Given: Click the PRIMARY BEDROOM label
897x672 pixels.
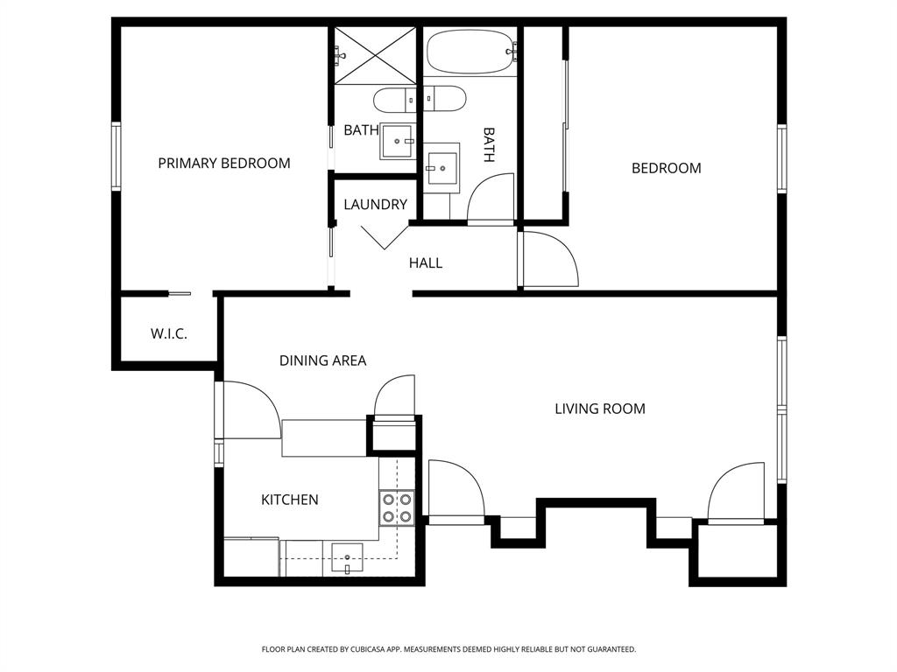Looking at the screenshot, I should tap(223, 163).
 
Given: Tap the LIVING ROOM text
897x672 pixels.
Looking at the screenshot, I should tap(600, 409).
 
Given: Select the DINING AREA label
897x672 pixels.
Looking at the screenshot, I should tap(322, 360).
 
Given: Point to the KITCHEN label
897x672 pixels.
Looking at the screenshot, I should tap(289, 500).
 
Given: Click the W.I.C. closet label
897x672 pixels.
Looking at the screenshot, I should tap(168, 334).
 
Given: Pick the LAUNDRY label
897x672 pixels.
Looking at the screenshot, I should tap(375, 205).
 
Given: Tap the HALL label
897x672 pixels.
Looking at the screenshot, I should tap(426, 262).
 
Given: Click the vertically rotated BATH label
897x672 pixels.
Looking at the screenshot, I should tap(489, 145).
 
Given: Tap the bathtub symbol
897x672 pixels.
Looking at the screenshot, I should tap(470, 52).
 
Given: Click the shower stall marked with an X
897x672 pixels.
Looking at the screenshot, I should tap(375, 55).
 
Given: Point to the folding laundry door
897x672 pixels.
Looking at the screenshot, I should tap(384, 235).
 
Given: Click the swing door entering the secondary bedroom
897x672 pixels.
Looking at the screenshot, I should tap(547, 259).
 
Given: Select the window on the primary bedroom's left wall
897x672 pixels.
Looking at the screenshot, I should tap(116, 155).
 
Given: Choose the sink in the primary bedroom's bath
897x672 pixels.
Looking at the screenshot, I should tap(399, 140).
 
